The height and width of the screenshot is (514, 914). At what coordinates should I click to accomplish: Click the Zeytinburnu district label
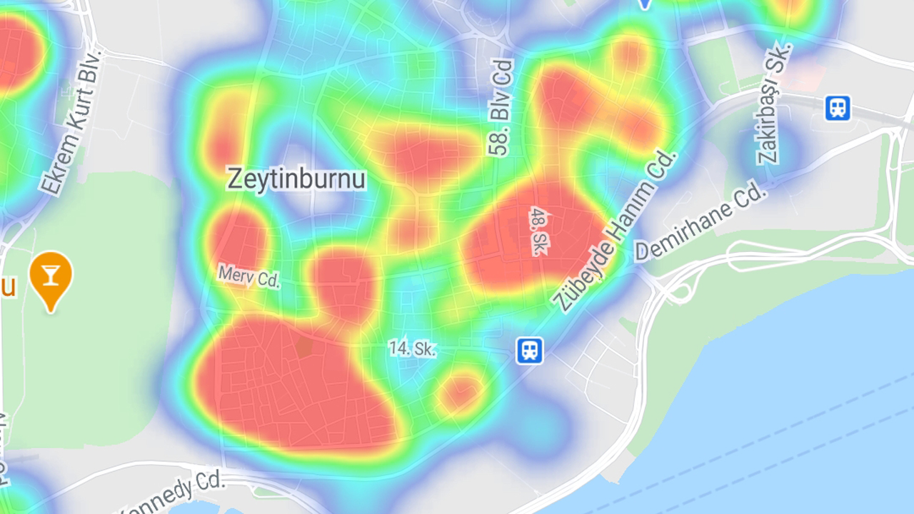click(x=296, y=178)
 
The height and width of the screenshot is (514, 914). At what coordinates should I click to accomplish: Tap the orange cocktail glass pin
click(x=51, y=275)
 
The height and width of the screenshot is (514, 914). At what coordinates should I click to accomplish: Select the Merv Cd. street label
click(x=248, y=276)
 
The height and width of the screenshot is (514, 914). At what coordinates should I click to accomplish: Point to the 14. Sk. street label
click(x=412, y=349)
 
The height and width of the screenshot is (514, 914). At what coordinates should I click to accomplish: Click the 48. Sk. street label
click(x=536, y=231)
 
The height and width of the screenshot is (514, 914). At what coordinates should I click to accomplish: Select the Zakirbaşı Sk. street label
click(x=775, y=103)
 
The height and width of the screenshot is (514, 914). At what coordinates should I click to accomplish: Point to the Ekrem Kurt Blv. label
click(x=72, y=123)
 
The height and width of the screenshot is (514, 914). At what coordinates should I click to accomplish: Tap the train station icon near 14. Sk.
click(x=529, y=351)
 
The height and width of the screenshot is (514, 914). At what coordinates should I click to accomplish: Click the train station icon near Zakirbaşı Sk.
click(x=838, y=108)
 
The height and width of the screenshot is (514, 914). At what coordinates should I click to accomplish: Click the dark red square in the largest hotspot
click(x=304, y=348)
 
